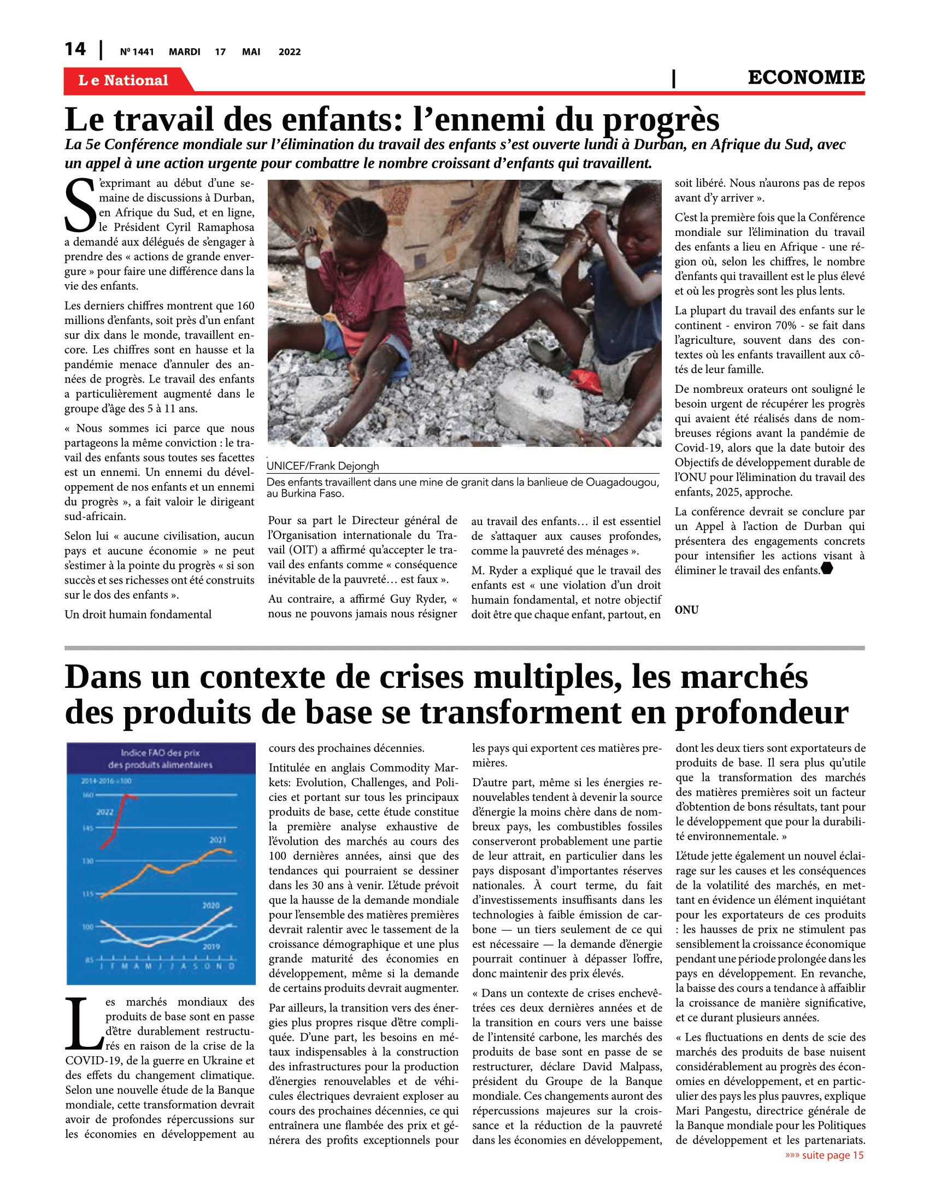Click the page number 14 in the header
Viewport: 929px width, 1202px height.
pyautogui.click(x=75, y=50)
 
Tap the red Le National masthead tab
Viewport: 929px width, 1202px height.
pyautogui.click(x=124, y=80)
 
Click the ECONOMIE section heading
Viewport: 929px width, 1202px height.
pyautogui.click(x=805, y=78)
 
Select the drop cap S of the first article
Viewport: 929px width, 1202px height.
pyautogui.click(x=80, y=206)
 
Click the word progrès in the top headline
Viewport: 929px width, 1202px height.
pyautogui.click(x=661, y=120)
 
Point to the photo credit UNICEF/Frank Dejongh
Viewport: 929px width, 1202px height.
pyautogui.click(x=322, y=466)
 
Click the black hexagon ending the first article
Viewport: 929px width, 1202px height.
pyautogui.click(x=827, y=569)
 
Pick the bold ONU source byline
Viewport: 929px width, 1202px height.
pyautogui.click(x=686, y=610)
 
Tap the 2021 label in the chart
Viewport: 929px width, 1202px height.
pyautogui.click(x=217, y=840)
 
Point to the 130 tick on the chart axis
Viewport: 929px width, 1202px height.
pyautogui.click(x=87, y=861)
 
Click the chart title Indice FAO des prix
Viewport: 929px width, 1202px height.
pyautogui.click(x=160, y=753)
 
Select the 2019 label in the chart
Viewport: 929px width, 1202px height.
pyautogui.click(x=211, y=946)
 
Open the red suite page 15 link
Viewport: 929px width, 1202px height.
pyautogui.click(x=824, y=1155)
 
